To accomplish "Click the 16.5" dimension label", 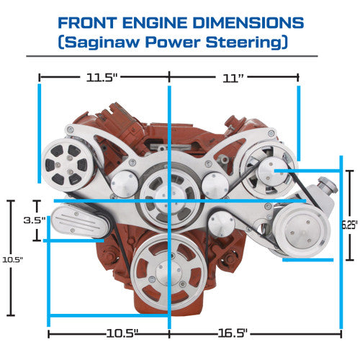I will pos(233,333).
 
